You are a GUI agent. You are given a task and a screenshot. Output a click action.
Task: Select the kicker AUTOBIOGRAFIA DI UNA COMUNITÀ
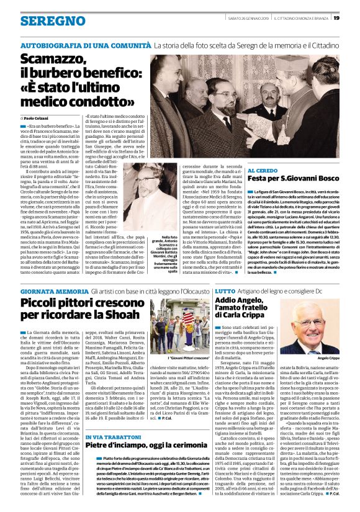(85, 46)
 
